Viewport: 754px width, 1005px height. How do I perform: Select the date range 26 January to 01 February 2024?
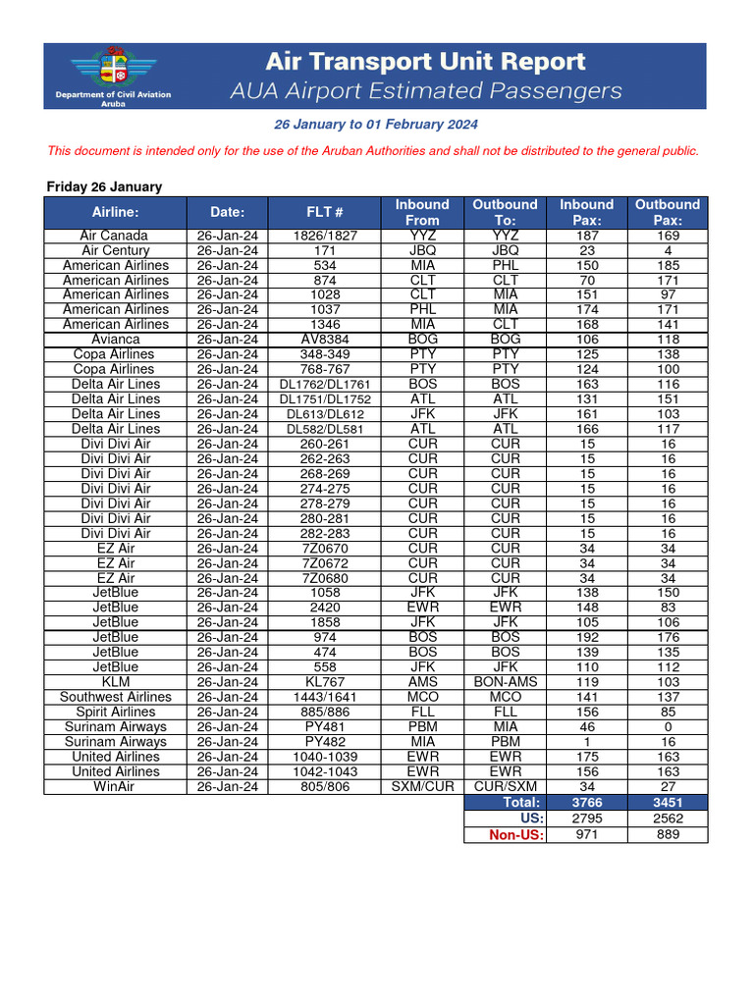point(376,125)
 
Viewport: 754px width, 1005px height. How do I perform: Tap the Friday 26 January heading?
point(105,186)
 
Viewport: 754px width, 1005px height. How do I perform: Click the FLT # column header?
point(324,212)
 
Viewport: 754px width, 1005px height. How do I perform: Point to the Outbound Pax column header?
point(668,212)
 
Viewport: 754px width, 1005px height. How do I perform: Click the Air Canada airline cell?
point(115,236)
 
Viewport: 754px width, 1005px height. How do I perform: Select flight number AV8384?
point(324,340)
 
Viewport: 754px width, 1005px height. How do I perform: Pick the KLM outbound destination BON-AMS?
point(506,682)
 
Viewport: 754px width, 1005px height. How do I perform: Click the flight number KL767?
point(324,682)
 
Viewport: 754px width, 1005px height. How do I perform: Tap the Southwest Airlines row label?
point(115,697)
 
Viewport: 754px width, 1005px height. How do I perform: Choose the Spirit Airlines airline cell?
point(115,713)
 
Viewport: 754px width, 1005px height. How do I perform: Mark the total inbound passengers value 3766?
point(586,802)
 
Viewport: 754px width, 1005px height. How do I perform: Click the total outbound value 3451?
point(668,802)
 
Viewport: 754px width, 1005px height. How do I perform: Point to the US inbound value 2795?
point(586,818)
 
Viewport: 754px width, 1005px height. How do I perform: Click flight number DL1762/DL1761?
point(324,385)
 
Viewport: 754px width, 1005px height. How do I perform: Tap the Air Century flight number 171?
point(324,250)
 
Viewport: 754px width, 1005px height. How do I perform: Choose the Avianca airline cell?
point(115,340)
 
